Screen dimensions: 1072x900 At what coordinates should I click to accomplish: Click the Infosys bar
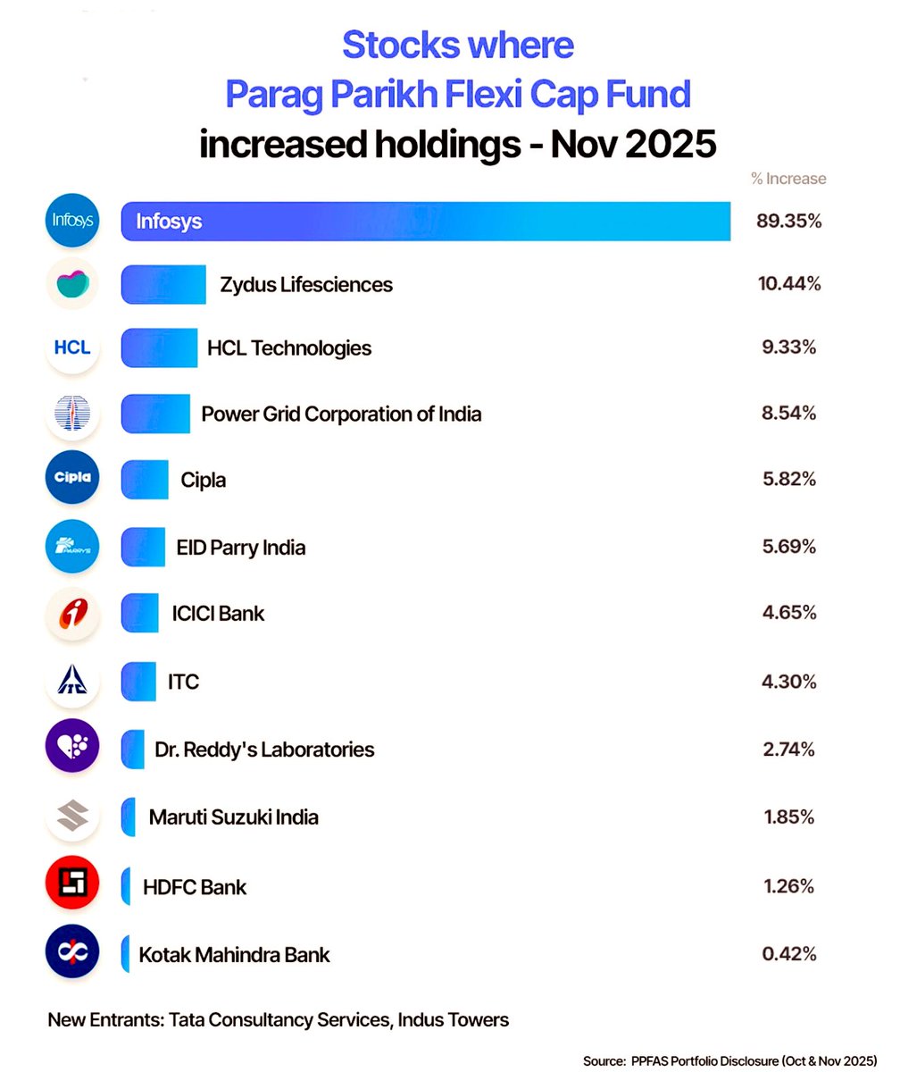point(426,221)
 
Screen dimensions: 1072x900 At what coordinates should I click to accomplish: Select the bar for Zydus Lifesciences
point(163,284)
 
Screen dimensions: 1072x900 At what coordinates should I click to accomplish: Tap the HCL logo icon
point(72,348)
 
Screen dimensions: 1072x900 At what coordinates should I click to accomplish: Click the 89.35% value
point(788,221)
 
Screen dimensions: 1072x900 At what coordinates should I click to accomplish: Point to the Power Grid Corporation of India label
point(341,414)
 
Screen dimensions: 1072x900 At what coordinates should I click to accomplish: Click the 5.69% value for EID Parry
point(788,547)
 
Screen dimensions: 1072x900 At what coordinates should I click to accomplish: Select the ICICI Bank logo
point(72,614)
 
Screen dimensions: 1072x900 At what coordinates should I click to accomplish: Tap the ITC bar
point(138,682)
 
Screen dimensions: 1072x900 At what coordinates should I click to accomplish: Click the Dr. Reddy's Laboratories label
point(264,749)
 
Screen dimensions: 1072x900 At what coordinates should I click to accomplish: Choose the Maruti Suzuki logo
point(72,816)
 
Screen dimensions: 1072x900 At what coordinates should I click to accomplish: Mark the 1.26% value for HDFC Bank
point(788,886)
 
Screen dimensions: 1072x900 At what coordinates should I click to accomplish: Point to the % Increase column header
point(788,179)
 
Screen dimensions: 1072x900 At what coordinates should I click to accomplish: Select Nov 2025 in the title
point(633,144)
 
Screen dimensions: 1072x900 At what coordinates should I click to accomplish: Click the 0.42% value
point(788,953)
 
